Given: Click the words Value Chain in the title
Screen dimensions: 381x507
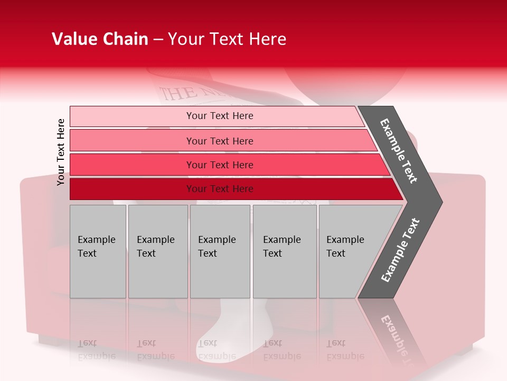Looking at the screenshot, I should (x=100, y=39).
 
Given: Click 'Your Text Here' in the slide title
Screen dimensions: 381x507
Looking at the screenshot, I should (x=227, y=39).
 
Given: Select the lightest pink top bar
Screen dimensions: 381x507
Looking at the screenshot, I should (x=132, y=116).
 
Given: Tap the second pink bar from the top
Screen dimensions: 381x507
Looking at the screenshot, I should (x=132, y=141).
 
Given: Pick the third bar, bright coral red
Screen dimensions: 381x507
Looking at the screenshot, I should (x=132, y=165).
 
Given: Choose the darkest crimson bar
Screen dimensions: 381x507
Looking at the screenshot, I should (x=132, y=189).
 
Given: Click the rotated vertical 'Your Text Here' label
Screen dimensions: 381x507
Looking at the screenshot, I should (x=61, y=152).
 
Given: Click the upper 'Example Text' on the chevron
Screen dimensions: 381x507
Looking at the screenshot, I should (x=399, y=151).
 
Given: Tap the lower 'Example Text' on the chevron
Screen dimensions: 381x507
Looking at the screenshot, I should (x=400, y=250).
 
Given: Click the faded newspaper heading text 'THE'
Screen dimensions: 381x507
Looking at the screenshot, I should (x=172, y=93).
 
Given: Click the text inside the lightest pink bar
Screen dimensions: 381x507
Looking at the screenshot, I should (x=220, y=116).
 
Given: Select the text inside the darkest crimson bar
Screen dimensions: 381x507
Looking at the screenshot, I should (x=220, y=189).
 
